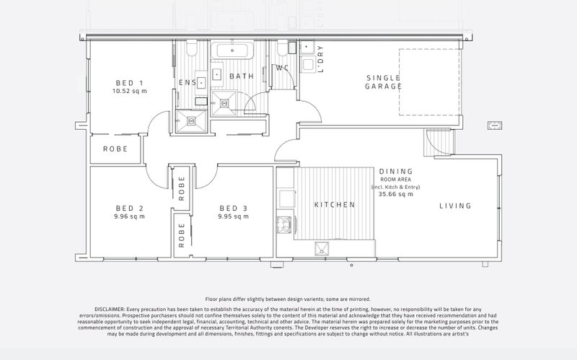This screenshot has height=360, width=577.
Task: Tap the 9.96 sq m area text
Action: (130, 216)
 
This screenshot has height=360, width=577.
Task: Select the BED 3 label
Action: (233, 208)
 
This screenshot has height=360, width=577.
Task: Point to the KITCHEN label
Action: (335, 205)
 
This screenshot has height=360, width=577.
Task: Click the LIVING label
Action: (455, 206)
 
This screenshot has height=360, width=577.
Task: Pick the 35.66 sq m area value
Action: (395, 194)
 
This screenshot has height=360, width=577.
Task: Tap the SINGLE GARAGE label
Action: (384, 82)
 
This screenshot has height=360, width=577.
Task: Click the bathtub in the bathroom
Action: (232, 51)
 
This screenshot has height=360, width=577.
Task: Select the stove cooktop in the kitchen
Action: (283, 224)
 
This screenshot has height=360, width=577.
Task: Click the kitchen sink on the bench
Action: (322, 248)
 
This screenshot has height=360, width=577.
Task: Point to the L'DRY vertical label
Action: (320, 59)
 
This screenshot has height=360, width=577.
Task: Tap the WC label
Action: (282, 68)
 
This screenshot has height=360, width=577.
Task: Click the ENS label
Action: (188, 82)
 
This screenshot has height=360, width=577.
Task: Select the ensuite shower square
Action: (191, 121)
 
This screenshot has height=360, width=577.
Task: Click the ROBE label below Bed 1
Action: (115, 149)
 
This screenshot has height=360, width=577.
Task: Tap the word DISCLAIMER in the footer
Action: (110, 309)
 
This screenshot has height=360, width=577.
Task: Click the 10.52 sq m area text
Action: (130, 92)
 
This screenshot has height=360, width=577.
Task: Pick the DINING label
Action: (396, 171)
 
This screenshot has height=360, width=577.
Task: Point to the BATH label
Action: (242, 76)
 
